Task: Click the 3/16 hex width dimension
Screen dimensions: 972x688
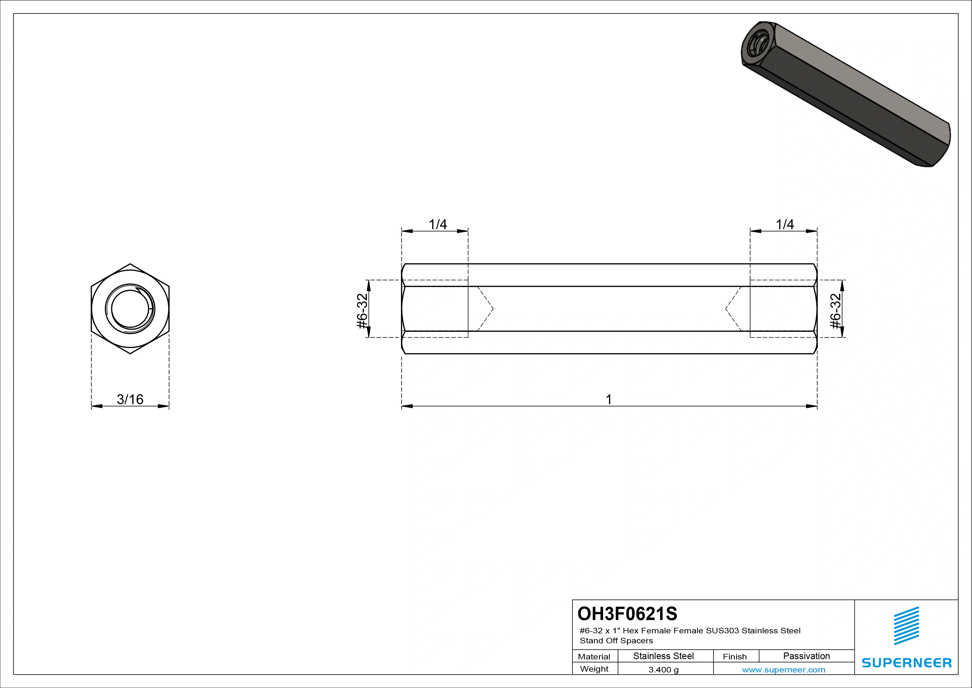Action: (x=130, y=399)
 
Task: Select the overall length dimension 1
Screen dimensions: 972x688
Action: (x=609, y=399)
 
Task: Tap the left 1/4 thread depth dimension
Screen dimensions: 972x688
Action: (x=438, y=224)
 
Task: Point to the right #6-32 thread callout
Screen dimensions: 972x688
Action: (x=836, y=311)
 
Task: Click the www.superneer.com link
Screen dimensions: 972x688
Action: (x=784, y=670)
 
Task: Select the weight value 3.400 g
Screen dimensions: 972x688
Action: (x=663, y=670)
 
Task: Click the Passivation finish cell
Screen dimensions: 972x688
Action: (x=807, y=656)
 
